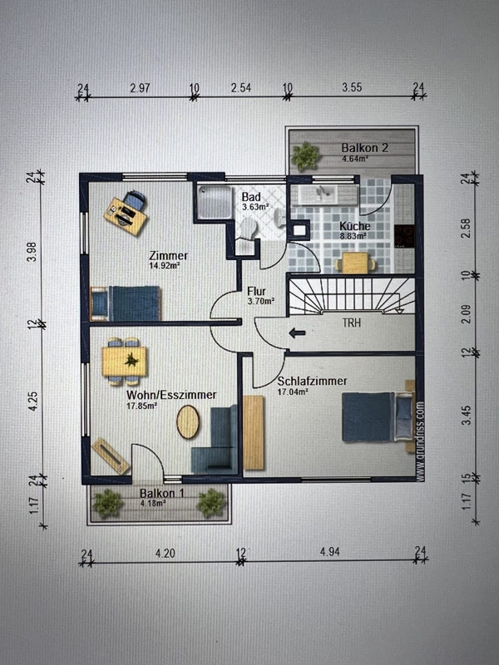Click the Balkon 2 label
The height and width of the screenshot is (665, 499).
click(x=364, y=148)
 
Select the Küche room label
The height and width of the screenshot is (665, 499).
click(x=355, y=226)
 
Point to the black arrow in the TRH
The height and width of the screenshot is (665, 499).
click(x=297, y=333)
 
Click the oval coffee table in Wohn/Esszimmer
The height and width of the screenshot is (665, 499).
click(x=188, y=421)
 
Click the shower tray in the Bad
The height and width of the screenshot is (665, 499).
click(x=215, y=202)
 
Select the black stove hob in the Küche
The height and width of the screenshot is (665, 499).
click(x=404, y=236)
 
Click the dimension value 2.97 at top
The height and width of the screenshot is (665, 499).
click(x=140, y=88)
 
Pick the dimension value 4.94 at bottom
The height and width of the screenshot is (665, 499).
click(x=330, y=552)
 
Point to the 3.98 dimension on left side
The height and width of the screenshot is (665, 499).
click(x=32, y=252)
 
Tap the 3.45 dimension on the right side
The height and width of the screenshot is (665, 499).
click(x=466, y=415)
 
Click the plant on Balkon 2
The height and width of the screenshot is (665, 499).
click(x=304, y=156)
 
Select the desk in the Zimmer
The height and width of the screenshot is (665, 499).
click(x=126, y=216)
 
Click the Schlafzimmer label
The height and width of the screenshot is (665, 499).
click(x=312, y=381)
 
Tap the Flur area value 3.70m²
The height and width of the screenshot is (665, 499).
click(x=261, y=301)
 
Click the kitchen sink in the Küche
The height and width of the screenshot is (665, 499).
click(x=323, y=195)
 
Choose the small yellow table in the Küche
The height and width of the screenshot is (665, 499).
click(x=356, y=263)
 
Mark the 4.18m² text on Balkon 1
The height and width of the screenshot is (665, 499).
click(x=152, y=504)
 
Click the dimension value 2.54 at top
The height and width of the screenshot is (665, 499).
click(x=241, y=88)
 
